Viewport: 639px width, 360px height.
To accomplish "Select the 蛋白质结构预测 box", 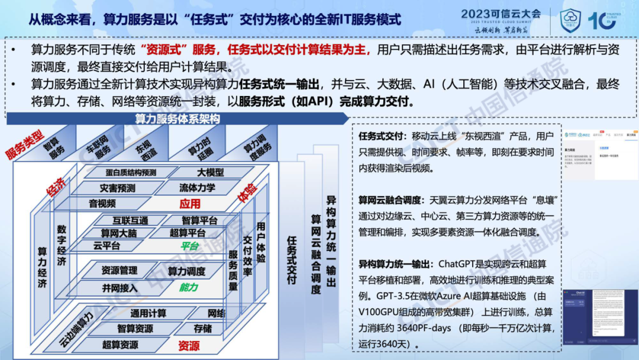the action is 123,172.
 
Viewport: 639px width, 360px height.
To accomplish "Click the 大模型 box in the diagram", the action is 210,172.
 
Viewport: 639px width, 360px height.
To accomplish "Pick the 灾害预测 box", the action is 117,188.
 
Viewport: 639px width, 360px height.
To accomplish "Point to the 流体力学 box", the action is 198,188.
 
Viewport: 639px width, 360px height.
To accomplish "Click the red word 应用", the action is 191,204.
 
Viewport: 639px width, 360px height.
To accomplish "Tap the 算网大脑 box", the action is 118,233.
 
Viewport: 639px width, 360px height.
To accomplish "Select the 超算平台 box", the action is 188,233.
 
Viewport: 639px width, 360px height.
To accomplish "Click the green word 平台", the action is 189,246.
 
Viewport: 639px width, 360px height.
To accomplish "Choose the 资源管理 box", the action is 119,271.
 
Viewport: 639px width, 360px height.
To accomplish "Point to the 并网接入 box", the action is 119,288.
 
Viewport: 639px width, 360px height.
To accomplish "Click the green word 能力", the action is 188,288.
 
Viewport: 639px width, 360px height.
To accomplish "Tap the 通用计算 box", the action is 149,313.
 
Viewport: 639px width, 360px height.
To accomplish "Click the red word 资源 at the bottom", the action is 189,345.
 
